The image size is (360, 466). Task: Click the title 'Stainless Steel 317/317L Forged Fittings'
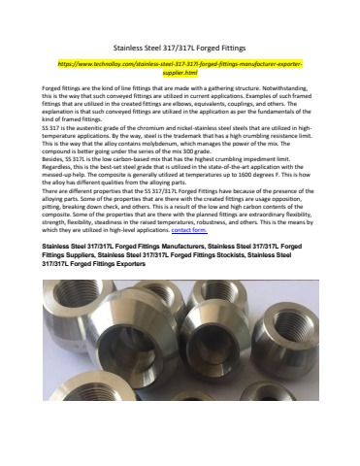pyautogui.click(x=180, y=46)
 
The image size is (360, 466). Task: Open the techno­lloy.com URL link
pyautogui.click(x=180, y=67)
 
